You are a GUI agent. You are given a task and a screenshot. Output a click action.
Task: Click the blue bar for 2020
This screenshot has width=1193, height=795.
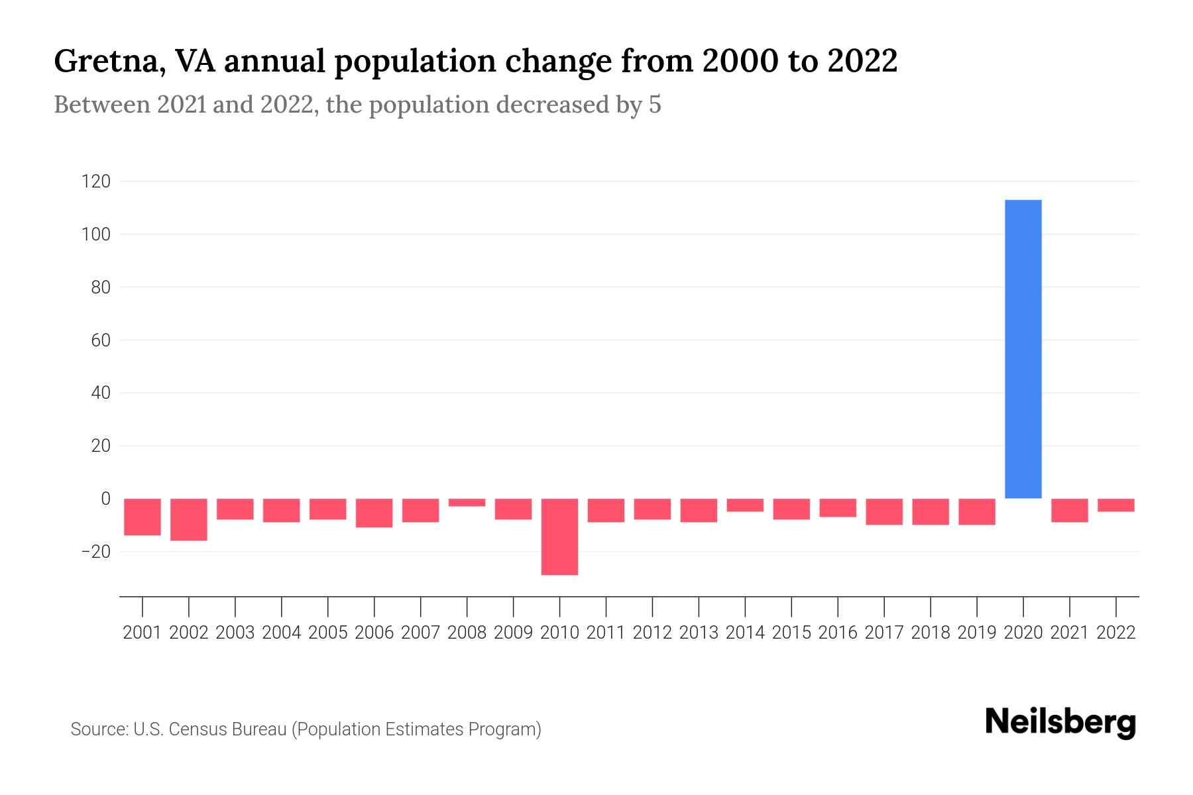1023,349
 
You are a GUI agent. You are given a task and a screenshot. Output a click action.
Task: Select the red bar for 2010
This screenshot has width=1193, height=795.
559,537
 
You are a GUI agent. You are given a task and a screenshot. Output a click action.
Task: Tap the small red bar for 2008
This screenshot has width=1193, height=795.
467,503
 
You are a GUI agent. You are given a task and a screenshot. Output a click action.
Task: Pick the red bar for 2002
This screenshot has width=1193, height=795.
189,519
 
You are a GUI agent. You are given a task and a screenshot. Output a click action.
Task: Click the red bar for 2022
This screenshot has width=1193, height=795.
1115,505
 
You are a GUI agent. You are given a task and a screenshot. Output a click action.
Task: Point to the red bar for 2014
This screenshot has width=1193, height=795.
745,505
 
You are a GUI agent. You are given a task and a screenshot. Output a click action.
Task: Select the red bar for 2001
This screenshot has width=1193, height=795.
142,517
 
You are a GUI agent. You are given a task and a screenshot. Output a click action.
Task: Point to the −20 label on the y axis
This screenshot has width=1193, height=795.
95,552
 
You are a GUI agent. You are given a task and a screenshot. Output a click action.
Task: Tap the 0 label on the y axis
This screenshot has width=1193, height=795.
105,499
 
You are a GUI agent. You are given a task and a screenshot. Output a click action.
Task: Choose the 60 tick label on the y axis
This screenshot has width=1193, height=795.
96,341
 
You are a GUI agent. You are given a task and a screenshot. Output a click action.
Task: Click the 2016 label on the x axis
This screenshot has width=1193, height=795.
837,633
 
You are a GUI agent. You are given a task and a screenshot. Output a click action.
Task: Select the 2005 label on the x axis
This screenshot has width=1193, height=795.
328,633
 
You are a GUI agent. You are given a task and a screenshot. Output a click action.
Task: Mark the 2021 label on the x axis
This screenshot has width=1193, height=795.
1069,633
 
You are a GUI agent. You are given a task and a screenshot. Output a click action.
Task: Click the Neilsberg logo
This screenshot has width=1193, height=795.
1060,723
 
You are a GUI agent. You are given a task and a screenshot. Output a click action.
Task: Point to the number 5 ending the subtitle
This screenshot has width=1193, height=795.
655,105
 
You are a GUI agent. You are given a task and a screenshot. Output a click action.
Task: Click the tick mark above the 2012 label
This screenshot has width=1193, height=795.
652,606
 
